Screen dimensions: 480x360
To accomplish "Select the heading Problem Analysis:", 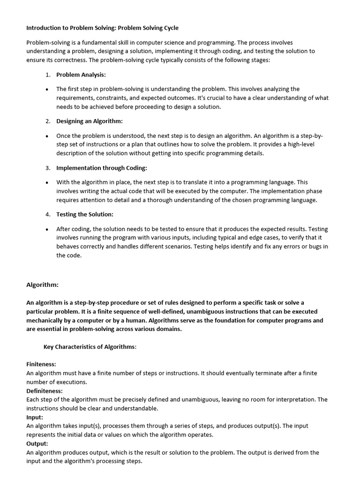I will click(81, 75).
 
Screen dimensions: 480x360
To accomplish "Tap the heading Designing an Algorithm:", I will click(90, 121).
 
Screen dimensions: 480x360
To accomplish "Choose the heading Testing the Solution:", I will click(85, 214).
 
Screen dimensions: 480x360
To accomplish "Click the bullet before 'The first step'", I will click(47, 89).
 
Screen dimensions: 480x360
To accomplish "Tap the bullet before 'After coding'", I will click(47, 229).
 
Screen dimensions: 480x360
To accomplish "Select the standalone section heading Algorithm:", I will click(42, 285).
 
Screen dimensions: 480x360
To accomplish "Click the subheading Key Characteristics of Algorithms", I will click(90, 347).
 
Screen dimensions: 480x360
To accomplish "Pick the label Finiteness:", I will click(41, 364).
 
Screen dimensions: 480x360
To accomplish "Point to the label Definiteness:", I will click(45, 390).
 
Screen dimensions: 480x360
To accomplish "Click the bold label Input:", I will click(35, 417).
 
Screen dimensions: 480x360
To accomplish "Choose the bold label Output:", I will click(37, 443).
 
